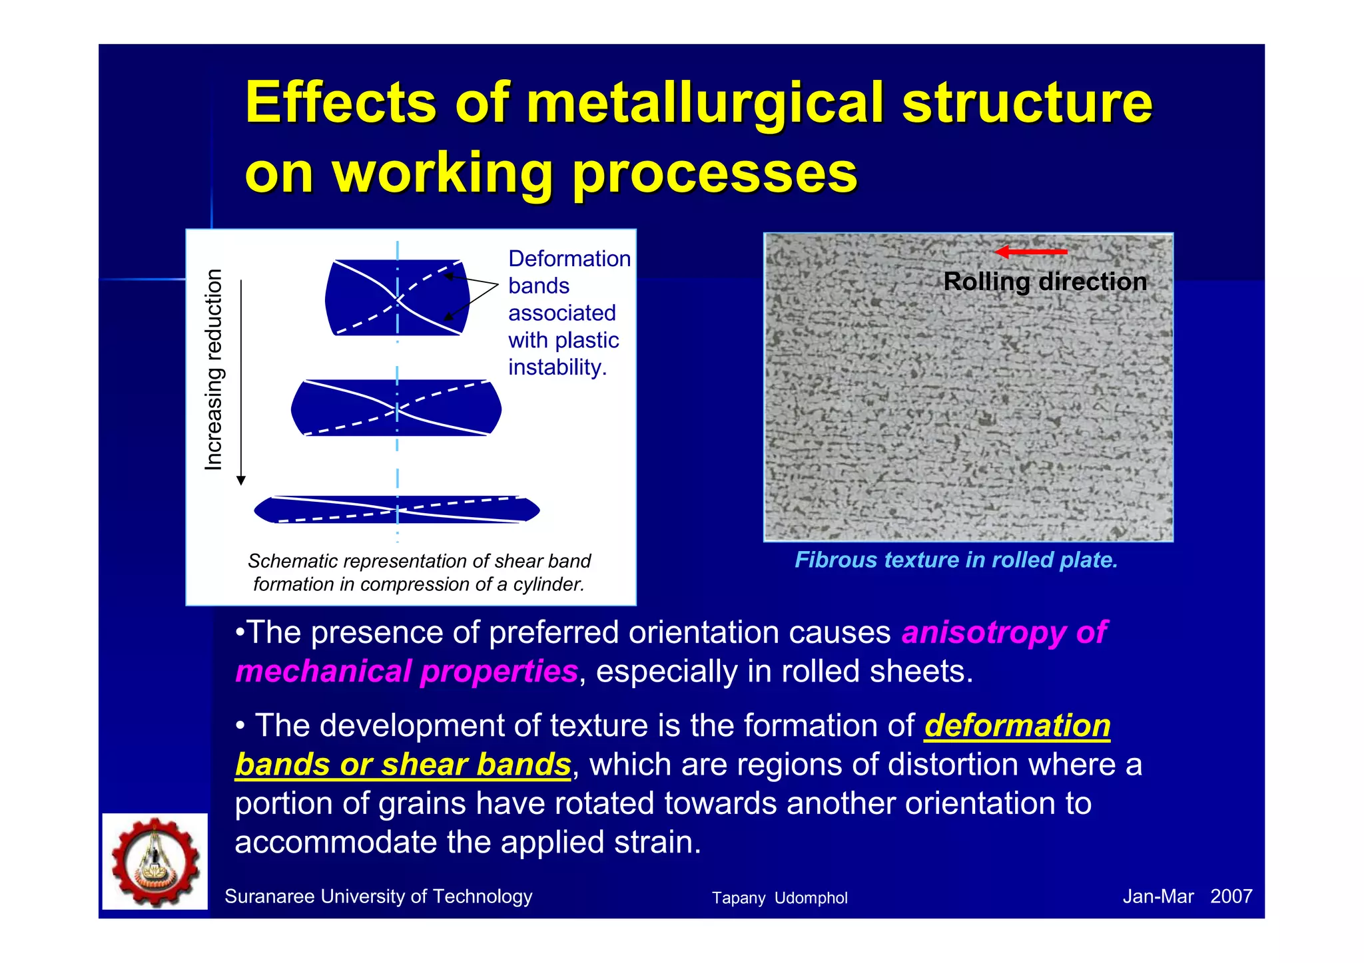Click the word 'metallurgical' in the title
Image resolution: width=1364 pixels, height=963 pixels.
(x=705, y=103)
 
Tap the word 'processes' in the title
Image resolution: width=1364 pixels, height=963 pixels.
(x=714, y=174)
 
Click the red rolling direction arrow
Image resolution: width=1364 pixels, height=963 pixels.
(x=1031, y=252)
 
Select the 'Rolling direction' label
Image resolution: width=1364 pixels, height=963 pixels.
(x=1045, y=282)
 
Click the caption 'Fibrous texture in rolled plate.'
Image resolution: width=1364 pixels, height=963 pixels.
(x=956, y=560)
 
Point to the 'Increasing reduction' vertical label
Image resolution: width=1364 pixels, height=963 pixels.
(x=213, y=370)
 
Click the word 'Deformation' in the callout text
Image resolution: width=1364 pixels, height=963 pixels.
(x=569, y=259)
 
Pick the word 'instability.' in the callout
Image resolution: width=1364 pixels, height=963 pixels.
(x=557, y=367)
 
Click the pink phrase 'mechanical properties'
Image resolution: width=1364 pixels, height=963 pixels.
(x=406, y=672)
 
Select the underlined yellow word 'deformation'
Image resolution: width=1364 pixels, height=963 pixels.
(x=1017, y=725)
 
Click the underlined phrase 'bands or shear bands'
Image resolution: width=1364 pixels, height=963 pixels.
(x=403, y=765)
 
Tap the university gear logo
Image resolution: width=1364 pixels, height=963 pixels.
(x=155, y=862)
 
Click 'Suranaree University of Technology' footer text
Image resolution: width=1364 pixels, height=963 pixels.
(x=378, y=896)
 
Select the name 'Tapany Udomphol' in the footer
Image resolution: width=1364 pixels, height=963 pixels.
(x=779, y=898)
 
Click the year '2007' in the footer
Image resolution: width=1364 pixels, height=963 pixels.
(x=1231, y=896)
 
